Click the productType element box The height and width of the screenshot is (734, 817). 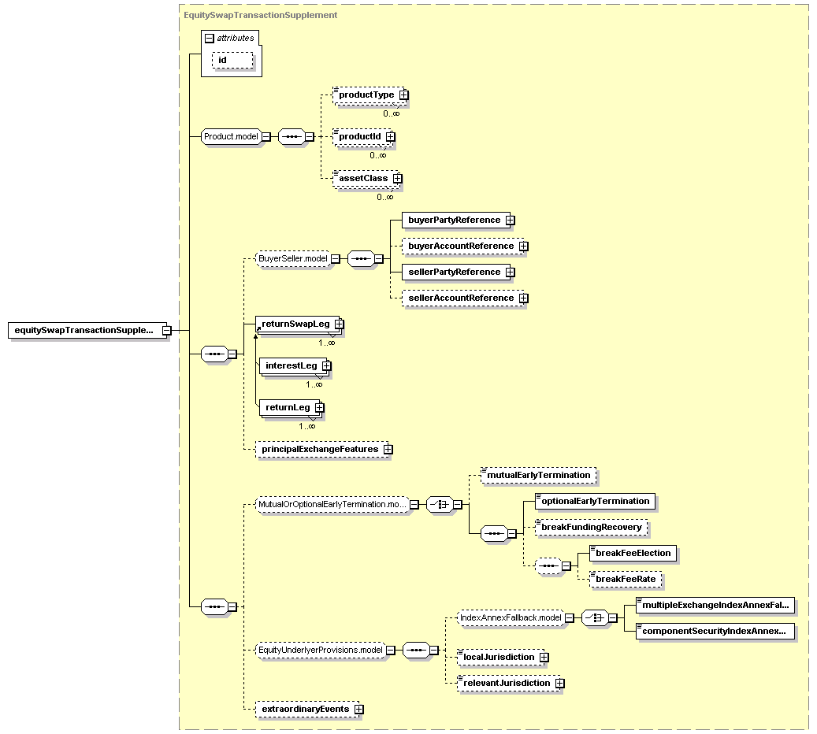[366, 95]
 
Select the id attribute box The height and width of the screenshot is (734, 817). [231, 60]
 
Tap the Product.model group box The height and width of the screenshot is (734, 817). [231, 136]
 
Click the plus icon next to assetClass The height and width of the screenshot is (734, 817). [398, 179]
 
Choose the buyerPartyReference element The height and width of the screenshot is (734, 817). [454, 221]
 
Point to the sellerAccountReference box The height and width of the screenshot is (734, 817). [461, 298]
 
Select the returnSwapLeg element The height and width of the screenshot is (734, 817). [295, 324]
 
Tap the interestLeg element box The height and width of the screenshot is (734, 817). [291, 366]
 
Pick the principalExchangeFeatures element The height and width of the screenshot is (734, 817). [320, 449]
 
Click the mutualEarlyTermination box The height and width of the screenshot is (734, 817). [538, 476]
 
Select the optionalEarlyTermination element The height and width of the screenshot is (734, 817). [595, 501]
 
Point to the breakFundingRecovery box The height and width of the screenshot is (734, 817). [591, 527]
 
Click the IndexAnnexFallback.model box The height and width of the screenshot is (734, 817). [511, 618]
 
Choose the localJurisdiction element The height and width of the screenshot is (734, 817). [499, 657]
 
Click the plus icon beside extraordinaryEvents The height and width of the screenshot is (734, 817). [359, 710]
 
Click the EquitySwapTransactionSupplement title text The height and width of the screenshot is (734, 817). [260, 15]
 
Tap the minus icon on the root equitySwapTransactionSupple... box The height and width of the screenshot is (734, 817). [166, 331]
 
